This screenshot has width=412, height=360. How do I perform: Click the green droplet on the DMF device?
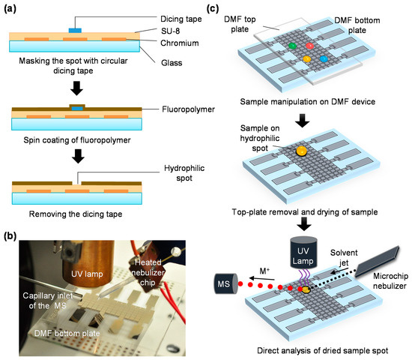292,46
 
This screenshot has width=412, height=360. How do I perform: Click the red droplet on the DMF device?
310,46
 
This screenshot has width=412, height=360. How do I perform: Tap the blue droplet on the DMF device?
324,58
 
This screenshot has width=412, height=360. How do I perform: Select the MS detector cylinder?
226,283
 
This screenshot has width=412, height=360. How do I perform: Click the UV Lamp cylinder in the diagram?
303,253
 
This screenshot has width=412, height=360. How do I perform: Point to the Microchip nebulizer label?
390,280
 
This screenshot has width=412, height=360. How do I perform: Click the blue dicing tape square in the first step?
75,31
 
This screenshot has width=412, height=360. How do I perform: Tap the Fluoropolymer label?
188,109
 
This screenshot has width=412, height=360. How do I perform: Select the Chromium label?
180,43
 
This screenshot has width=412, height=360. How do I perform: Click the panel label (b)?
10,235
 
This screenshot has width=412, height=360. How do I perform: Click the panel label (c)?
213,9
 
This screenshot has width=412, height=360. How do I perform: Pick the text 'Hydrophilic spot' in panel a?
184,173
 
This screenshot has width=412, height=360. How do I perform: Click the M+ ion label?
264,271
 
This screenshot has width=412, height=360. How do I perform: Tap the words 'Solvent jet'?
344,258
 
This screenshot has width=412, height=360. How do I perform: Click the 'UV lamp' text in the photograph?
87,274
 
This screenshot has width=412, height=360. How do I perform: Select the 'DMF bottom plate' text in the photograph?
67,334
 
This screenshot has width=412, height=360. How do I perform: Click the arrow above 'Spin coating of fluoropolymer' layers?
76,88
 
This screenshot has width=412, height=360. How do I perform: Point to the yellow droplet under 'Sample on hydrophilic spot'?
301,151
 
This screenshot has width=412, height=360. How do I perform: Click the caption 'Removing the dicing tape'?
76,214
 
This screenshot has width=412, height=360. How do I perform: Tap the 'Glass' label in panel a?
172,63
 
